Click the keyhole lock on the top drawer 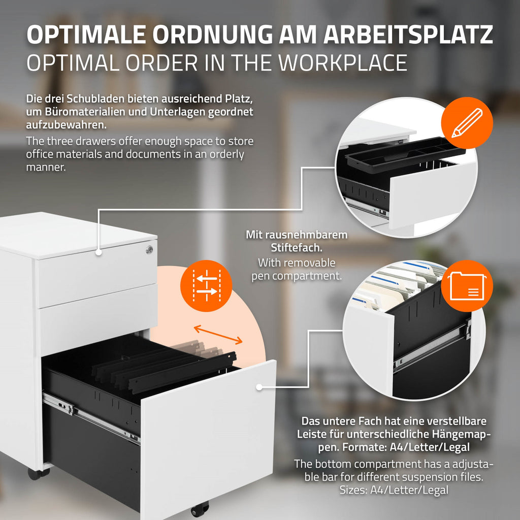(150, 249)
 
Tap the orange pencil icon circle (467, 123)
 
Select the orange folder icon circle (467, 286)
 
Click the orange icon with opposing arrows (206, 285)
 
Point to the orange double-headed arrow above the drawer (218, 334)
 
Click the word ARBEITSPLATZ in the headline (408, 34)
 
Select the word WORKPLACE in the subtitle (343, 62)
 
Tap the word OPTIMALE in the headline (86, 34)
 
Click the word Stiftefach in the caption (297, 248)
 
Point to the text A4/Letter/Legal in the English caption (409, 490)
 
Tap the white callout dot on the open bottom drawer (259, 387)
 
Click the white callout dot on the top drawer (99, 252)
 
